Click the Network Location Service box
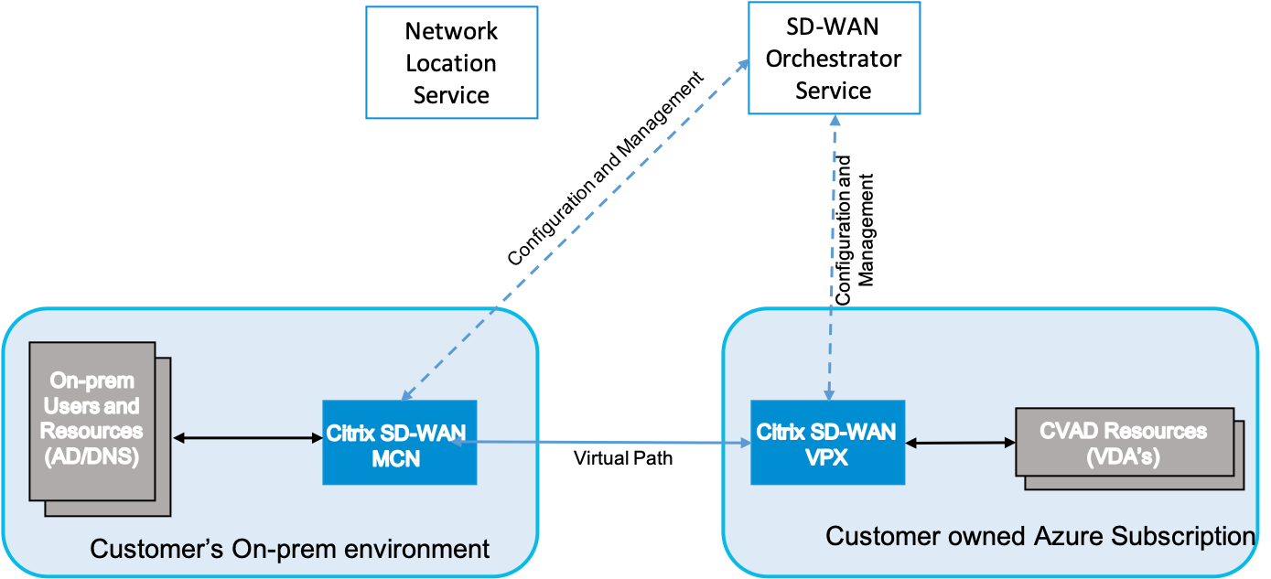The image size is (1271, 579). click(452, 62)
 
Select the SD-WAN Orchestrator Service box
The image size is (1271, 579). click(835, 58)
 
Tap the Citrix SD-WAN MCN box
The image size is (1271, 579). click(400, 443)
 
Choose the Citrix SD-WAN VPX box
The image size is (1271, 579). click(828, 443)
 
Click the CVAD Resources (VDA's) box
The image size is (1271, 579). click(1125, 443)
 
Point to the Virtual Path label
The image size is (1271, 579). click(623, 458)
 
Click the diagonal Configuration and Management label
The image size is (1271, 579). click(606, 168)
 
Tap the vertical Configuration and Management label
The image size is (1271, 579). click(854, 230)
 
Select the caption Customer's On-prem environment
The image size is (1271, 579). click(289, 549)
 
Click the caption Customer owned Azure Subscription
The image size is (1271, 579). click(1040, 536)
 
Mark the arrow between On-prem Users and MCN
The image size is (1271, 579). click(248, 438)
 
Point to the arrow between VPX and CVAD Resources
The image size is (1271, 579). click(960, 443)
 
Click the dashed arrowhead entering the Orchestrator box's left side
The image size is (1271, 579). click(743, 64)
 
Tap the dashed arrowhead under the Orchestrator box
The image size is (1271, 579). click(835, 120)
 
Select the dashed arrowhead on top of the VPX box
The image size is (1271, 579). click(829, 395)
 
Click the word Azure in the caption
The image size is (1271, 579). click(1069, 536)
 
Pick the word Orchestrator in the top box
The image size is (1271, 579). click(834, 59)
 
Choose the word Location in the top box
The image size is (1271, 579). click(451, 63)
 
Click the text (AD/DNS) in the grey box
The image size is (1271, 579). click(92, 456)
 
